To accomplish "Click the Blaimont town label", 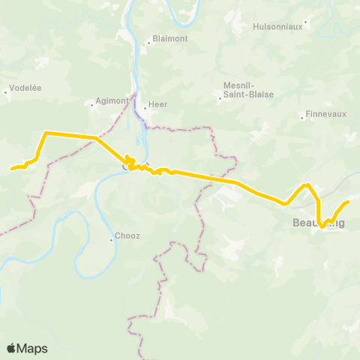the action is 169,38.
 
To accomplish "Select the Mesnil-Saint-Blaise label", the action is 248,89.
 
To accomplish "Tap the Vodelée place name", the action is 25,87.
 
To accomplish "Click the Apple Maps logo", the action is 26,348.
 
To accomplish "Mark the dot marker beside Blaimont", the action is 148,43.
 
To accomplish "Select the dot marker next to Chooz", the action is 111,240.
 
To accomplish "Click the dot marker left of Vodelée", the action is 6,92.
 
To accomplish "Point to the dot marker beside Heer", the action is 145,107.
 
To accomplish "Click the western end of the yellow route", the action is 11,169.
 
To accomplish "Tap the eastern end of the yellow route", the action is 348,202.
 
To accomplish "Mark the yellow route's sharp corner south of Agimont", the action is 46,133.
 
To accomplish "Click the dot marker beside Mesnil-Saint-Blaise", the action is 220,97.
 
